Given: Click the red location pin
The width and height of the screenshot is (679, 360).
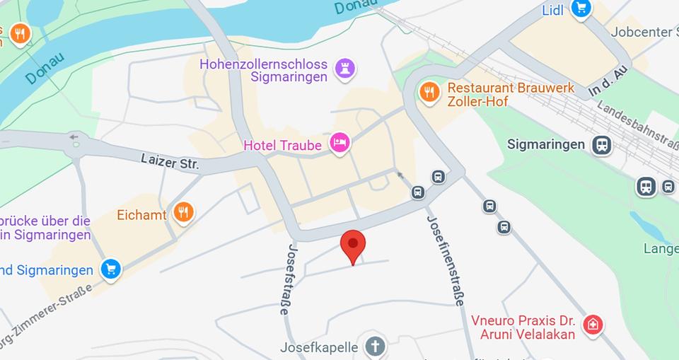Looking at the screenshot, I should tap(353, 245).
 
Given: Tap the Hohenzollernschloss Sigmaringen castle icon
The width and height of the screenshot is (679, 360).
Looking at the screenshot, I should tap(345, 69).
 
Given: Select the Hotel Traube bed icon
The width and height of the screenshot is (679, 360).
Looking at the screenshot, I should tap(340, 144).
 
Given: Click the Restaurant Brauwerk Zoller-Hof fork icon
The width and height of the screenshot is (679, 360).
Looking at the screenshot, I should tap(429, 91).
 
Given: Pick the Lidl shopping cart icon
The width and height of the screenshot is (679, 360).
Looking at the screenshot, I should tap(581, 8).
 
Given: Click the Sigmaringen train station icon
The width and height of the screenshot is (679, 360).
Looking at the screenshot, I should tap(602, 145).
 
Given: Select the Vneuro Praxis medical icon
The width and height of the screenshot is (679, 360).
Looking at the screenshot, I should tap(592, 325).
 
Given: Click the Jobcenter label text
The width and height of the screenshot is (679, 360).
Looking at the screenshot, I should tap(641, 32).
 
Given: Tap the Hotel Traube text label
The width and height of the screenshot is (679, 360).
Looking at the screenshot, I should tap(282, 146).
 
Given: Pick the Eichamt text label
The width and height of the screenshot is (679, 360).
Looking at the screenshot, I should tap(142, 215).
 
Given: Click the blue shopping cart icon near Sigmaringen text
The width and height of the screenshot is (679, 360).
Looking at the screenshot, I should tap(110, 269).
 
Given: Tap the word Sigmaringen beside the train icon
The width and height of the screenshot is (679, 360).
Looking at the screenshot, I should tap(547, 144).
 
